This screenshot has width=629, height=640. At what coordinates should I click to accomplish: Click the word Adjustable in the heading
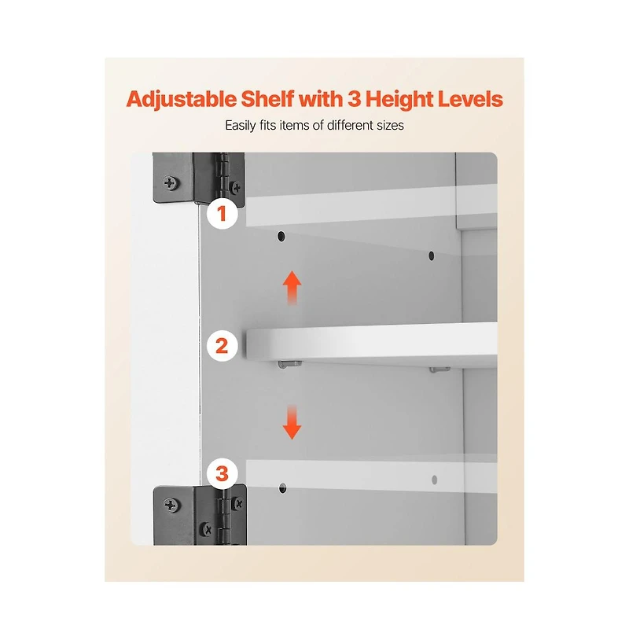coord(181,100)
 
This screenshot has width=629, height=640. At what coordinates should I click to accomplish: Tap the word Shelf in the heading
coord(267,99)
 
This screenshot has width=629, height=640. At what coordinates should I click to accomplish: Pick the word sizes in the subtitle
coord(390,125)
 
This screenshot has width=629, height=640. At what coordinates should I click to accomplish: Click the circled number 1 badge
coord(222,214)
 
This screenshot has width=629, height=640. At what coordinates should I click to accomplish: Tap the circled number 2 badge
coord(222,346)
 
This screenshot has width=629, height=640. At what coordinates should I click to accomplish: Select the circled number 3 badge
coord(222,474)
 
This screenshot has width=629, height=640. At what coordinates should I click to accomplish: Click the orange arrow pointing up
coord(292,288)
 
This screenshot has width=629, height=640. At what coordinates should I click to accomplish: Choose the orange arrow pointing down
coord(292,422)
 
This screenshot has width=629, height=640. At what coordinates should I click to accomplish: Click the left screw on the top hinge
coord(170,182)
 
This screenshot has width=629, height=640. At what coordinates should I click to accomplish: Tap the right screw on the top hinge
coord(237,187)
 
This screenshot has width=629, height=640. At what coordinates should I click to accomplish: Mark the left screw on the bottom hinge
coord(171,506)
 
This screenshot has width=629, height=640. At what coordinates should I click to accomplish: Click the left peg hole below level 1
coord(281,237)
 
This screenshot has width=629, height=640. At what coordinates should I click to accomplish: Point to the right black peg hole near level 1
coord(432,256)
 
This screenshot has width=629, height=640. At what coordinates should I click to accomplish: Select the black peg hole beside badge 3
coord(282,488)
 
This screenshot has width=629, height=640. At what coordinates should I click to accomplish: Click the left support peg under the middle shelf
coord(290,364)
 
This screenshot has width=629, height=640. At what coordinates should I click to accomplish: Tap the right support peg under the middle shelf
coord(440,370)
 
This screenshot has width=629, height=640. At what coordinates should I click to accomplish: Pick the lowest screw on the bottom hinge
coord(207,530)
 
